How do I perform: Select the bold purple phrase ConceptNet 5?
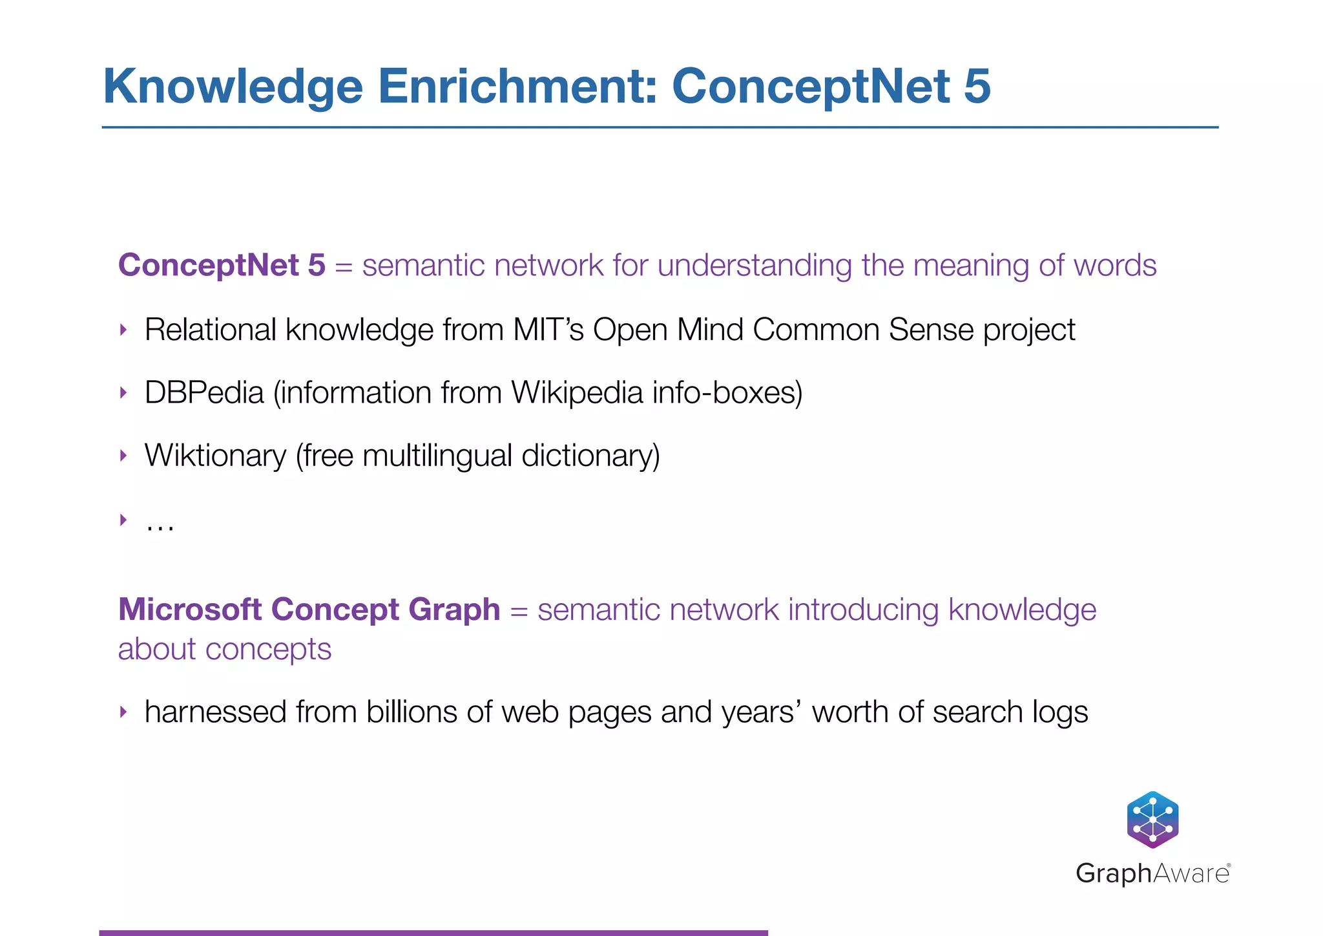pos(222,265)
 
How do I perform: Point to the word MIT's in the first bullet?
pos(548,330)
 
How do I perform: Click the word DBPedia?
pos(204,392)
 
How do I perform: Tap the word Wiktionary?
pos(215,456)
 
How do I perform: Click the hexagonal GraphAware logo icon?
pos(1152,819)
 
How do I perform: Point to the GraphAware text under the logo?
pos(1152,873)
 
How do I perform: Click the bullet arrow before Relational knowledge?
pos(123,330)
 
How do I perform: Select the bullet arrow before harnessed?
pos(123,712)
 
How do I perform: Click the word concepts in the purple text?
pos(268,649)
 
